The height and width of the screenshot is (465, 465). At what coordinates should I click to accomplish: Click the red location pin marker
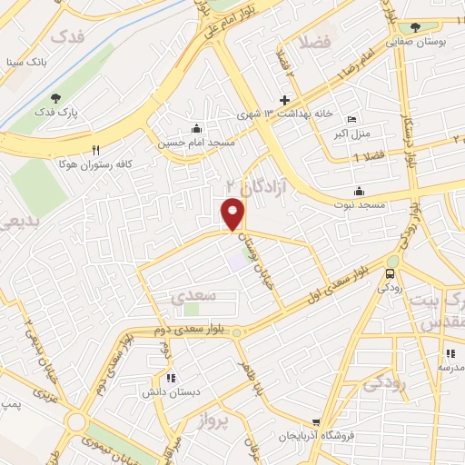tap(233, 213)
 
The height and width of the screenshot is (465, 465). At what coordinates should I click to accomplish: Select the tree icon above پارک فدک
tap(57, 98)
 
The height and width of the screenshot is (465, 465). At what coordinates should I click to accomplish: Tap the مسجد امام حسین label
tap(197, 143)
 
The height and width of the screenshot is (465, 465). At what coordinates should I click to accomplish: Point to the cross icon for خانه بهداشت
tap(284, 100)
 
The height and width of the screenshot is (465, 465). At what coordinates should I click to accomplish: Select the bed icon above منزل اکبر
tap(352, 120)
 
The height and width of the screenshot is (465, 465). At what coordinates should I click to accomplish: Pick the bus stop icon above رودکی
tap(391, 273)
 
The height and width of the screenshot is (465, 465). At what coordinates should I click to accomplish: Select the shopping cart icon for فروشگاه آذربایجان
tap(315, 422)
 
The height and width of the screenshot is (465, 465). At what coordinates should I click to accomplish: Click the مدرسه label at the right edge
tap(451, 368)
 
